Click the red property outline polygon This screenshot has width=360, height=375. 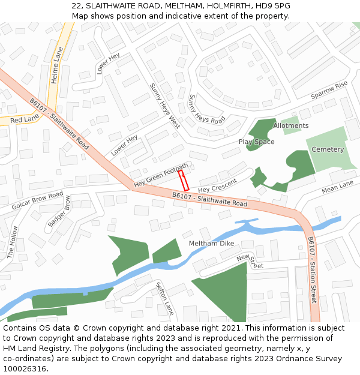(184, 181)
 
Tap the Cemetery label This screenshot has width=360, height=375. (328, 149)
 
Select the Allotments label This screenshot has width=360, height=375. (290, 126)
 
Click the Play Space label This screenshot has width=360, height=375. (256, 142)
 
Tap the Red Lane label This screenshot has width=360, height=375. (24, 120)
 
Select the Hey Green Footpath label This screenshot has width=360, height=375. (161, 175)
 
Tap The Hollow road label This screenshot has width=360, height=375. (13, 242)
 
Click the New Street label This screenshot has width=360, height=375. (250, 261)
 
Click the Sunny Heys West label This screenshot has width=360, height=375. (165, 106)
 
